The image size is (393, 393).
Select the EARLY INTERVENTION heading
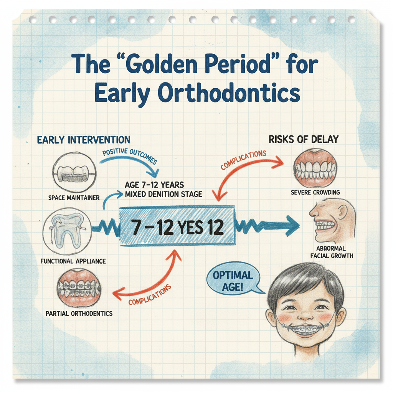(84, 140)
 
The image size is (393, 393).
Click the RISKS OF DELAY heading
(304, 139)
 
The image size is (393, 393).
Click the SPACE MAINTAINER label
(74, 198)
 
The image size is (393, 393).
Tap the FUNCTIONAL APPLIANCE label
(73, 261)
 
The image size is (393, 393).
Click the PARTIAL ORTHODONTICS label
(79, 314)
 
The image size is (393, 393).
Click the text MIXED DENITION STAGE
(163, 194)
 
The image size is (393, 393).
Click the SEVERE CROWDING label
(315, 192)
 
